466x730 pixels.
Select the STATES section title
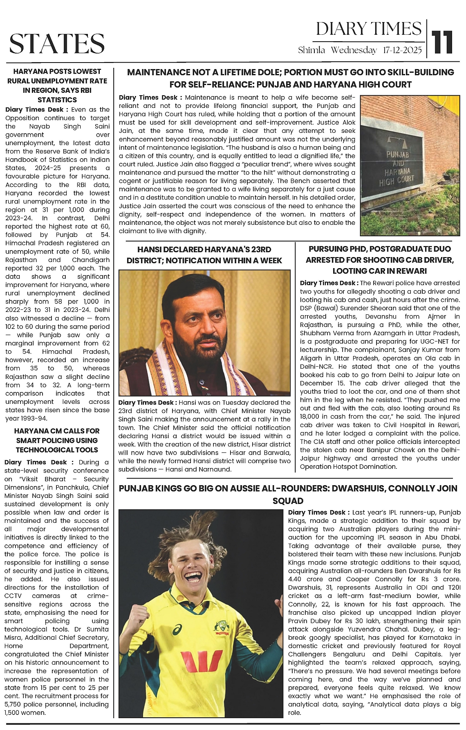click(57, 44)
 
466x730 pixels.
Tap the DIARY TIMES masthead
click(369, 29)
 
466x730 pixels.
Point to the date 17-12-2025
click(402, 50)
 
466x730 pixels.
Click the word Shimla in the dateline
click(311, 50)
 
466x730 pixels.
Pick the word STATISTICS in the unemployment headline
click(57, 100)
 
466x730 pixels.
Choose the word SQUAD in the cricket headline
click(288, 501)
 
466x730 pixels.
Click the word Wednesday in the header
click(354, 50)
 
